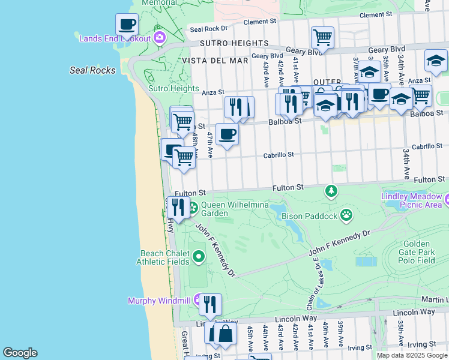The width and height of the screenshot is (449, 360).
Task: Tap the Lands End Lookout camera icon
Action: pos(159,38)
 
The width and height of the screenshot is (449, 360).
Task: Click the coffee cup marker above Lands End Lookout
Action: pos(127,25)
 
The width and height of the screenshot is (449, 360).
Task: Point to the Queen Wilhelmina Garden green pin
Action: pos(194,208)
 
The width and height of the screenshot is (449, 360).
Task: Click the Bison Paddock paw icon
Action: pos(346,214)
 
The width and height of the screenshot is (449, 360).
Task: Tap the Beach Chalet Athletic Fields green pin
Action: pos(199,257)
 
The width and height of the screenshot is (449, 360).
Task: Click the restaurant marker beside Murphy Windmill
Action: pos(210,305)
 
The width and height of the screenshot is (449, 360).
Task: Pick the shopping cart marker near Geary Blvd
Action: pos(322,38)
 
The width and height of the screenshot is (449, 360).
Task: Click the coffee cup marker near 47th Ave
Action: pos(227,134)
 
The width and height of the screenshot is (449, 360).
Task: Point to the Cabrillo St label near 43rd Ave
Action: pos(279,155)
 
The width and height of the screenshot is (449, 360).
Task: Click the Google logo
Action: pos(20,353)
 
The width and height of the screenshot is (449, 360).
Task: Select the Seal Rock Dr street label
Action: pos(208,28)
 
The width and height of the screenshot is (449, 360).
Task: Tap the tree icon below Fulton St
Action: pos(331,191)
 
